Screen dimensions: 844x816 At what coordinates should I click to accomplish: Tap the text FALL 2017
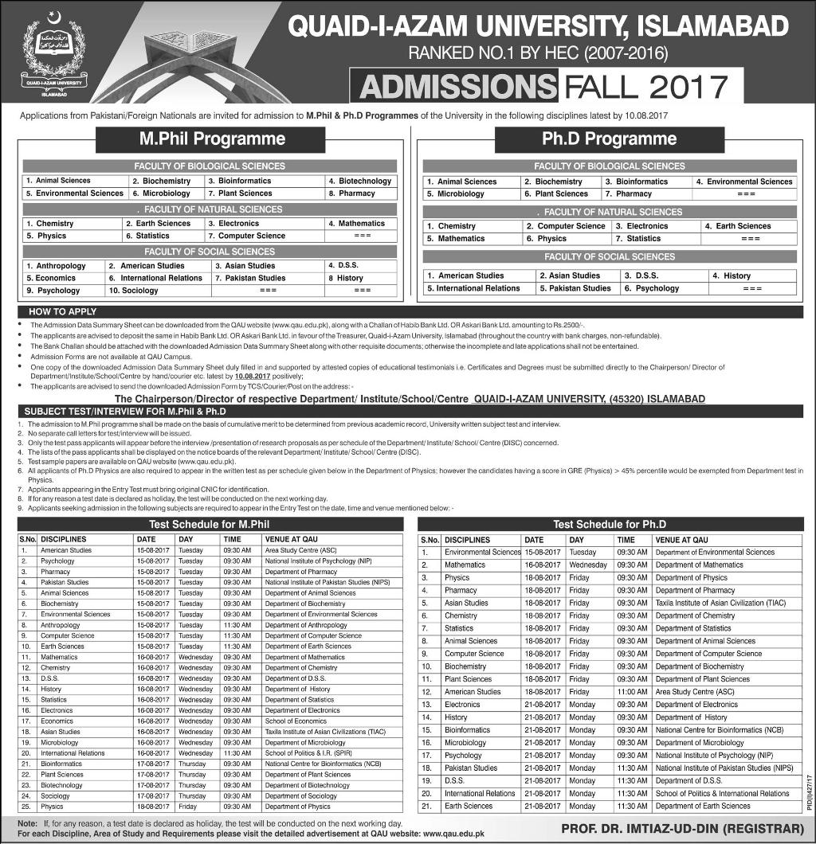coord(645,87)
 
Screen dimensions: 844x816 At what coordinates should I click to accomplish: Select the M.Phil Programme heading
coord(211,139)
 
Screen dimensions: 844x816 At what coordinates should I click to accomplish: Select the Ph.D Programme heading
coord(609,139)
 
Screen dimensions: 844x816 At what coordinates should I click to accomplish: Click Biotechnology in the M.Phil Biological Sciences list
coord(364,181)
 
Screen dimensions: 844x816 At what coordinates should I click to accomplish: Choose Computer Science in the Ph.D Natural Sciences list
coord(571,226)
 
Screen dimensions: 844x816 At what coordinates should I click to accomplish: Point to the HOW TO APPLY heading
coord(63,311)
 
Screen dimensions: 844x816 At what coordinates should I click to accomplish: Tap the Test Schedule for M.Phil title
coord(210,525)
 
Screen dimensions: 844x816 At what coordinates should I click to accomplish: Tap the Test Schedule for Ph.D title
coord(609,525)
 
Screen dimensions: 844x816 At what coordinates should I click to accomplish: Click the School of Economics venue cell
coord(296,721)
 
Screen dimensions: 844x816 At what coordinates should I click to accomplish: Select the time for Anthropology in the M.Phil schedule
coord(237,625)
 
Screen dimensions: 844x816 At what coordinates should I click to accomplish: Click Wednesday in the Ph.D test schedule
coord(588,565)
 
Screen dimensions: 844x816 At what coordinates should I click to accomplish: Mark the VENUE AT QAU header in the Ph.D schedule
coord(681,539)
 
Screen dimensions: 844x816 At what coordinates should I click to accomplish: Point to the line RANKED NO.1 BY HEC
coord(538,54)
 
